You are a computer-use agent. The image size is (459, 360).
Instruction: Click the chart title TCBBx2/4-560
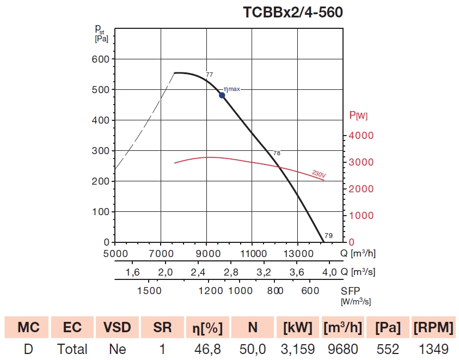[293, 13]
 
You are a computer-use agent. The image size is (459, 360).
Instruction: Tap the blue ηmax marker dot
[222, 95]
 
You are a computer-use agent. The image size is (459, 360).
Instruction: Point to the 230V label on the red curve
[319, 174]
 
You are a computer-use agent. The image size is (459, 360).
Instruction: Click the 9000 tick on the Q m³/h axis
[206, 253]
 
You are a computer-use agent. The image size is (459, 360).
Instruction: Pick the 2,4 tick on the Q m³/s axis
[198, 272]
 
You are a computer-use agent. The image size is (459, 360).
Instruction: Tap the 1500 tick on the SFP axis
[150, 291]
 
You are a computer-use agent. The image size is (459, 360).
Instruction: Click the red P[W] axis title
[358, 115]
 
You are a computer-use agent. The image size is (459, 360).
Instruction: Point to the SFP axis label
[351, 291]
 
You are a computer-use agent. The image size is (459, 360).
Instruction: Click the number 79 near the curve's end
[328, 236]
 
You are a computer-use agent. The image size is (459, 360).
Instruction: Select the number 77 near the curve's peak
[209, 74]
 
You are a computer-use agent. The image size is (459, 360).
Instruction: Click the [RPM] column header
[434, 327]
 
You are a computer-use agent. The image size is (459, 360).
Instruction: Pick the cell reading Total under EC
[72, 349]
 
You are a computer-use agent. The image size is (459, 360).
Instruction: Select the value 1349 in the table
[434, 349]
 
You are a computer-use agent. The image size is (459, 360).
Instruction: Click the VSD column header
[117, 327]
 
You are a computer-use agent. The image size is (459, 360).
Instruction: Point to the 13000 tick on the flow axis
[297, 253]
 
